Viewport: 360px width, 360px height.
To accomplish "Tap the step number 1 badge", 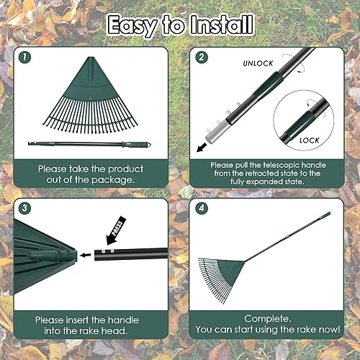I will pos(27,56).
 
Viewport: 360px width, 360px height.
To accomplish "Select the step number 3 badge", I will pos(27,208).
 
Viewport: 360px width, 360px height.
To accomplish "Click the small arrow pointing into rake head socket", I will pos(86,254).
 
